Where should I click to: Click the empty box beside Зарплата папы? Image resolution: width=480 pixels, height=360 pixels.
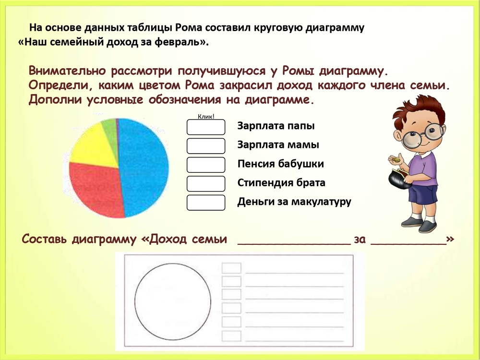click(206, 127)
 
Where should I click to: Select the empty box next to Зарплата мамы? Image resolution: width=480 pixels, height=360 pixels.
click(206, 146)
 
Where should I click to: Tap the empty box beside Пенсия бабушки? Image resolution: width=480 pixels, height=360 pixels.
click(206, 165)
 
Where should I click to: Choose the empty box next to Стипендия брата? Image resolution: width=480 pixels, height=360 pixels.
click(206, 184)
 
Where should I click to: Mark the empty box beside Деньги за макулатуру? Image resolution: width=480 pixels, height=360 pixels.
click(206, 203)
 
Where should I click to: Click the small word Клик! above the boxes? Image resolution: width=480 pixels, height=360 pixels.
click(206, 116)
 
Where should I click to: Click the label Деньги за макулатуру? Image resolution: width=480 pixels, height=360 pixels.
click(294, 202)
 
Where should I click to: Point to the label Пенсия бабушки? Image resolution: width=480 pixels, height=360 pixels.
click(280, 164)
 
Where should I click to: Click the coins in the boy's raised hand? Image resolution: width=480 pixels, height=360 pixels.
click(397, 159)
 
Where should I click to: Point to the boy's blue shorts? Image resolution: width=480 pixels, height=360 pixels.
click(423, 194)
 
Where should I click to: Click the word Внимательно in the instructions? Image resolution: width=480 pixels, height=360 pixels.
click(67, 71)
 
